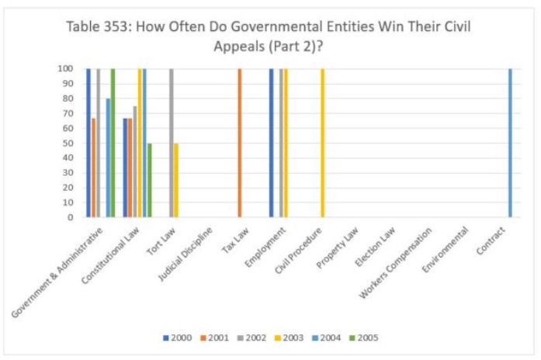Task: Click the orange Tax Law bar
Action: click(239, 143)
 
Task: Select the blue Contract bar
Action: click(511, 143)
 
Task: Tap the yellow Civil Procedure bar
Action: click(322, 143)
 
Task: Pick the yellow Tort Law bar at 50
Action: click(176, 180)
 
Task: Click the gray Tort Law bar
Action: click(171, 143)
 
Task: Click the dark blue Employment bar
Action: click(271, 143)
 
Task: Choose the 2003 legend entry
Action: click(288, 337)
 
